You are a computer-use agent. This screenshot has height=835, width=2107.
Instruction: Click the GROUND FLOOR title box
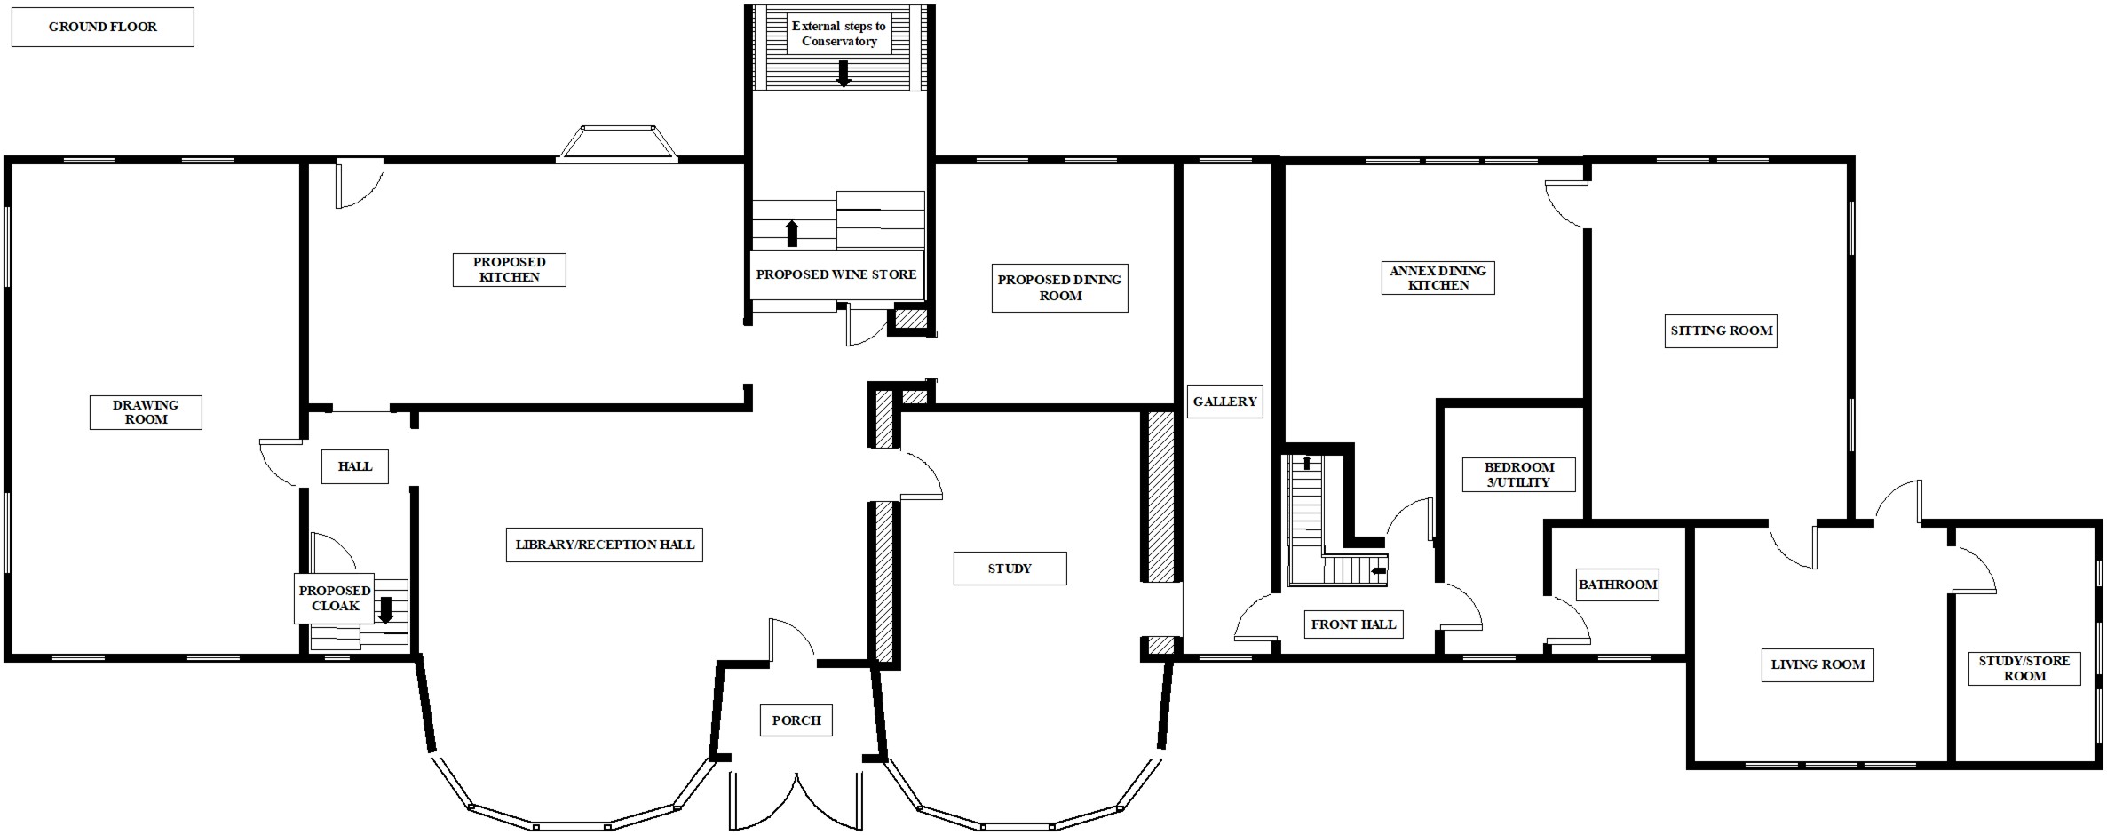(102, 27)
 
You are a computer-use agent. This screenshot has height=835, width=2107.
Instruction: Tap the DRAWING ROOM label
(146, 412)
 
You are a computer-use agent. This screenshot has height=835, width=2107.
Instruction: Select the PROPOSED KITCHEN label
(509, 269)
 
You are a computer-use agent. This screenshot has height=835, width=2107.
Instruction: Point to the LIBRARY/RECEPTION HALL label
(605, 544)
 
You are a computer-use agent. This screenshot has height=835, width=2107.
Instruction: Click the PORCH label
(796, 720)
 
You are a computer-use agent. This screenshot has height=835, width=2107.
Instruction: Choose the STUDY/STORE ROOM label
(2024, 668)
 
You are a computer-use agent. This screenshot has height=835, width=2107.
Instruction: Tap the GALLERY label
(1225, 402)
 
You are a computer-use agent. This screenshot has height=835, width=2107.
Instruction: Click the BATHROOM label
(1618, 584)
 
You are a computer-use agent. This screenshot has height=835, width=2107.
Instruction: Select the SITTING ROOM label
(1721, 330)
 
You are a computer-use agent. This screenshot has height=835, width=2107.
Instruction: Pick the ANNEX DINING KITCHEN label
(1438, 278)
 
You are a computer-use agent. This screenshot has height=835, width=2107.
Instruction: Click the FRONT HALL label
(1354, 624)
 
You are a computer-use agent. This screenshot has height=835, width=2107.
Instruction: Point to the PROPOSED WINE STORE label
(836, 274)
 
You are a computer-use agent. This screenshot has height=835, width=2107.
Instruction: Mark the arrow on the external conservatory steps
(844, 73)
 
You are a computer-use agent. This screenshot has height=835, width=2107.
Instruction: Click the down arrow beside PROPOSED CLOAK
(385, 609)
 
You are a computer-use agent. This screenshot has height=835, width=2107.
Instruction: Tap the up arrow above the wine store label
(792, 234)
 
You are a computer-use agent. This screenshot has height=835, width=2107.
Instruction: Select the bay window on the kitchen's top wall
(617, 144)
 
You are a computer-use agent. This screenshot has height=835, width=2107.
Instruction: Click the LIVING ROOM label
(1818, 664)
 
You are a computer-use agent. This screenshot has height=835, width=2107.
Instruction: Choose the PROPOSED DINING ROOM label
(1059, 288)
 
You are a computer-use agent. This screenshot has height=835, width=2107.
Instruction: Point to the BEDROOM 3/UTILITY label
(1519, 474)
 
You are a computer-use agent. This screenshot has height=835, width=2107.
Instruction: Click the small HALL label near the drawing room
(355, 466)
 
